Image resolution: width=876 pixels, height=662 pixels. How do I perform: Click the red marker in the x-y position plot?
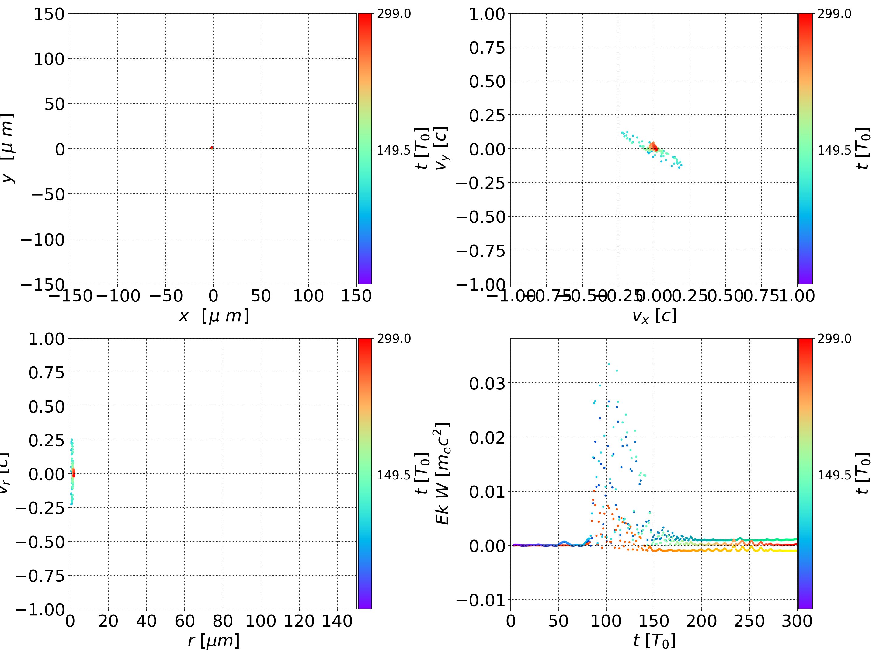click(x=212, y=148)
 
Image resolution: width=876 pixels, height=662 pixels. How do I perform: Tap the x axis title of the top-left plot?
click(x=214, y=316)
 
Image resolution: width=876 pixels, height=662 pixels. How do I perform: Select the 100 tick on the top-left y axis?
click(x=49, y=59)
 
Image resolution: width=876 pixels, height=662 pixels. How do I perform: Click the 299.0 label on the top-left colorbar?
click(x=394, y=14)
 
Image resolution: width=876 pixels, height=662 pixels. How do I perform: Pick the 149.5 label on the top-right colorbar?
click(x=834, y=150)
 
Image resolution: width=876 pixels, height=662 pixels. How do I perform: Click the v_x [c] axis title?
click(x=654, y=316)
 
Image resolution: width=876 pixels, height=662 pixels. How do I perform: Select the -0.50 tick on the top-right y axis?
click(x=481, y=217)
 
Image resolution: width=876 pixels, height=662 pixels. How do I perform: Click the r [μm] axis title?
click(x=214, y=641)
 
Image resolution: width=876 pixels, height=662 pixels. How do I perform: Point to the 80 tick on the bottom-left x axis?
click(x=223, y=621)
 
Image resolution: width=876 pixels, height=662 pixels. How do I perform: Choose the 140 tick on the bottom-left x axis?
click(x=337, y=621)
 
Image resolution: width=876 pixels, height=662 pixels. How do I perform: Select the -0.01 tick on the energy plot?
click(x=481, y=600)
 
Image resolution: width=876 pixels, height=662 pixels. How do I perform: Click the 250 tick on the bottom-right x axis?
click(x=749, y=621)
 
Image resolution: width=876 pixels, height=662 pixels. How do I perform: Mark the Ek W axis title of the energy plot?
click(x=442, y=474)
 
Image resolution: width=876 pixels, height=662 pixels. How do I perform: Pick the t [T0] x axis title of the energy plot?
click(x=654, y=641)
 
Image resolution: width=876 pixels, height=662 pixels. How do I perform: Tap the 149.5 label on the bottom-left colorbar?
click(x=394, y=475)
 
